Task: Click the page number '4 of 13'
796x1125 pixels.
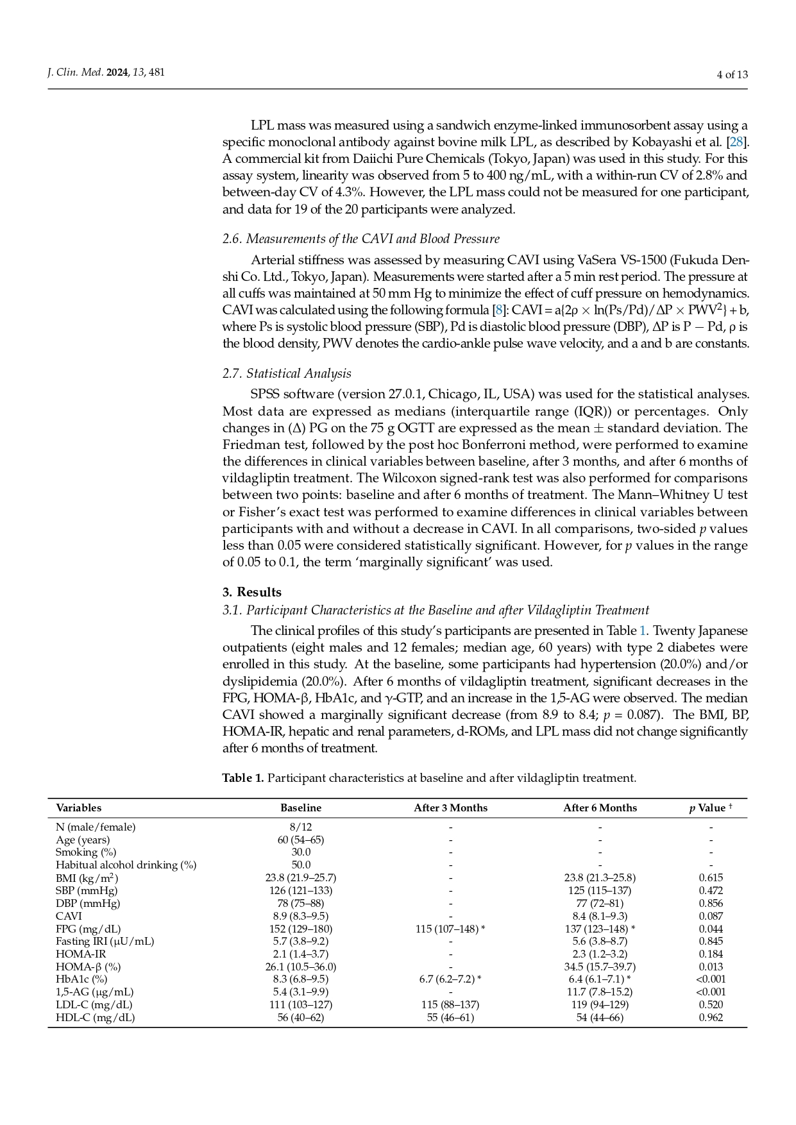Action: [x=732, y=74]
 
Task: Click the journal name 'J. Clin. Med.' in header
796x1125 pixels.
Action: [x=76, y=72]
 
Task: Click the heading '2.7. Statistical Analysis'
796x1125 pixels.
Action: [x=287, y=373]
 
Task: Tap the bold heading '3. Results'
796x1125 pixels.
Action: [x=252, y=592]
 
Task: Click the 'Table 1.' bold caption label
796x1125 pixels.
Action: [x=243, y=778]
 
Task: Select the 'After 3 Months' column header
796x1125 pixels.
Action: [x=450, y=808]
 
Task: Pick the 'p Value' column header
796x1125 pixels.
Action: [x=710, y=808]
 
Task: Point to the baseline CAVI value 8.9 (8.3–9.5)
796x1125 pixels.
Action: [x=301, y=916]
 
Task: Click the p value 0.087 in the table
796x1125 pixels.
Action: [x=711, y=916]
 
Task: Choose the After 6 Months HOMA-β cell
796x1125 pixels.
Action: [x=600, y=967]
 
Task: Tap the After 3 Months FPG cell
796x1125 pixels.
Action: [x=450, y=929]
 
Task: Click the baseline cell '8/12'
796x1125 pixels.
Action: [x=301, y=827]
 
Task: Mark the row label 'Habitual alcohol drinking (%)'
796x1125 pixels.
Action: [x=126, y=865]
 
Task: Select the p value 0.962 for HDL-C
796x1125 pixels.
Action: [x=711, y=1017]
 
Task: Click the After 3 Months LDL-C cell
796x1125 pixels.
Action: [x=450, y=1004]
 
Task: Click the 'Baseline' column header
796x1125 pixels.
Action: [x=301, y=808]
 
